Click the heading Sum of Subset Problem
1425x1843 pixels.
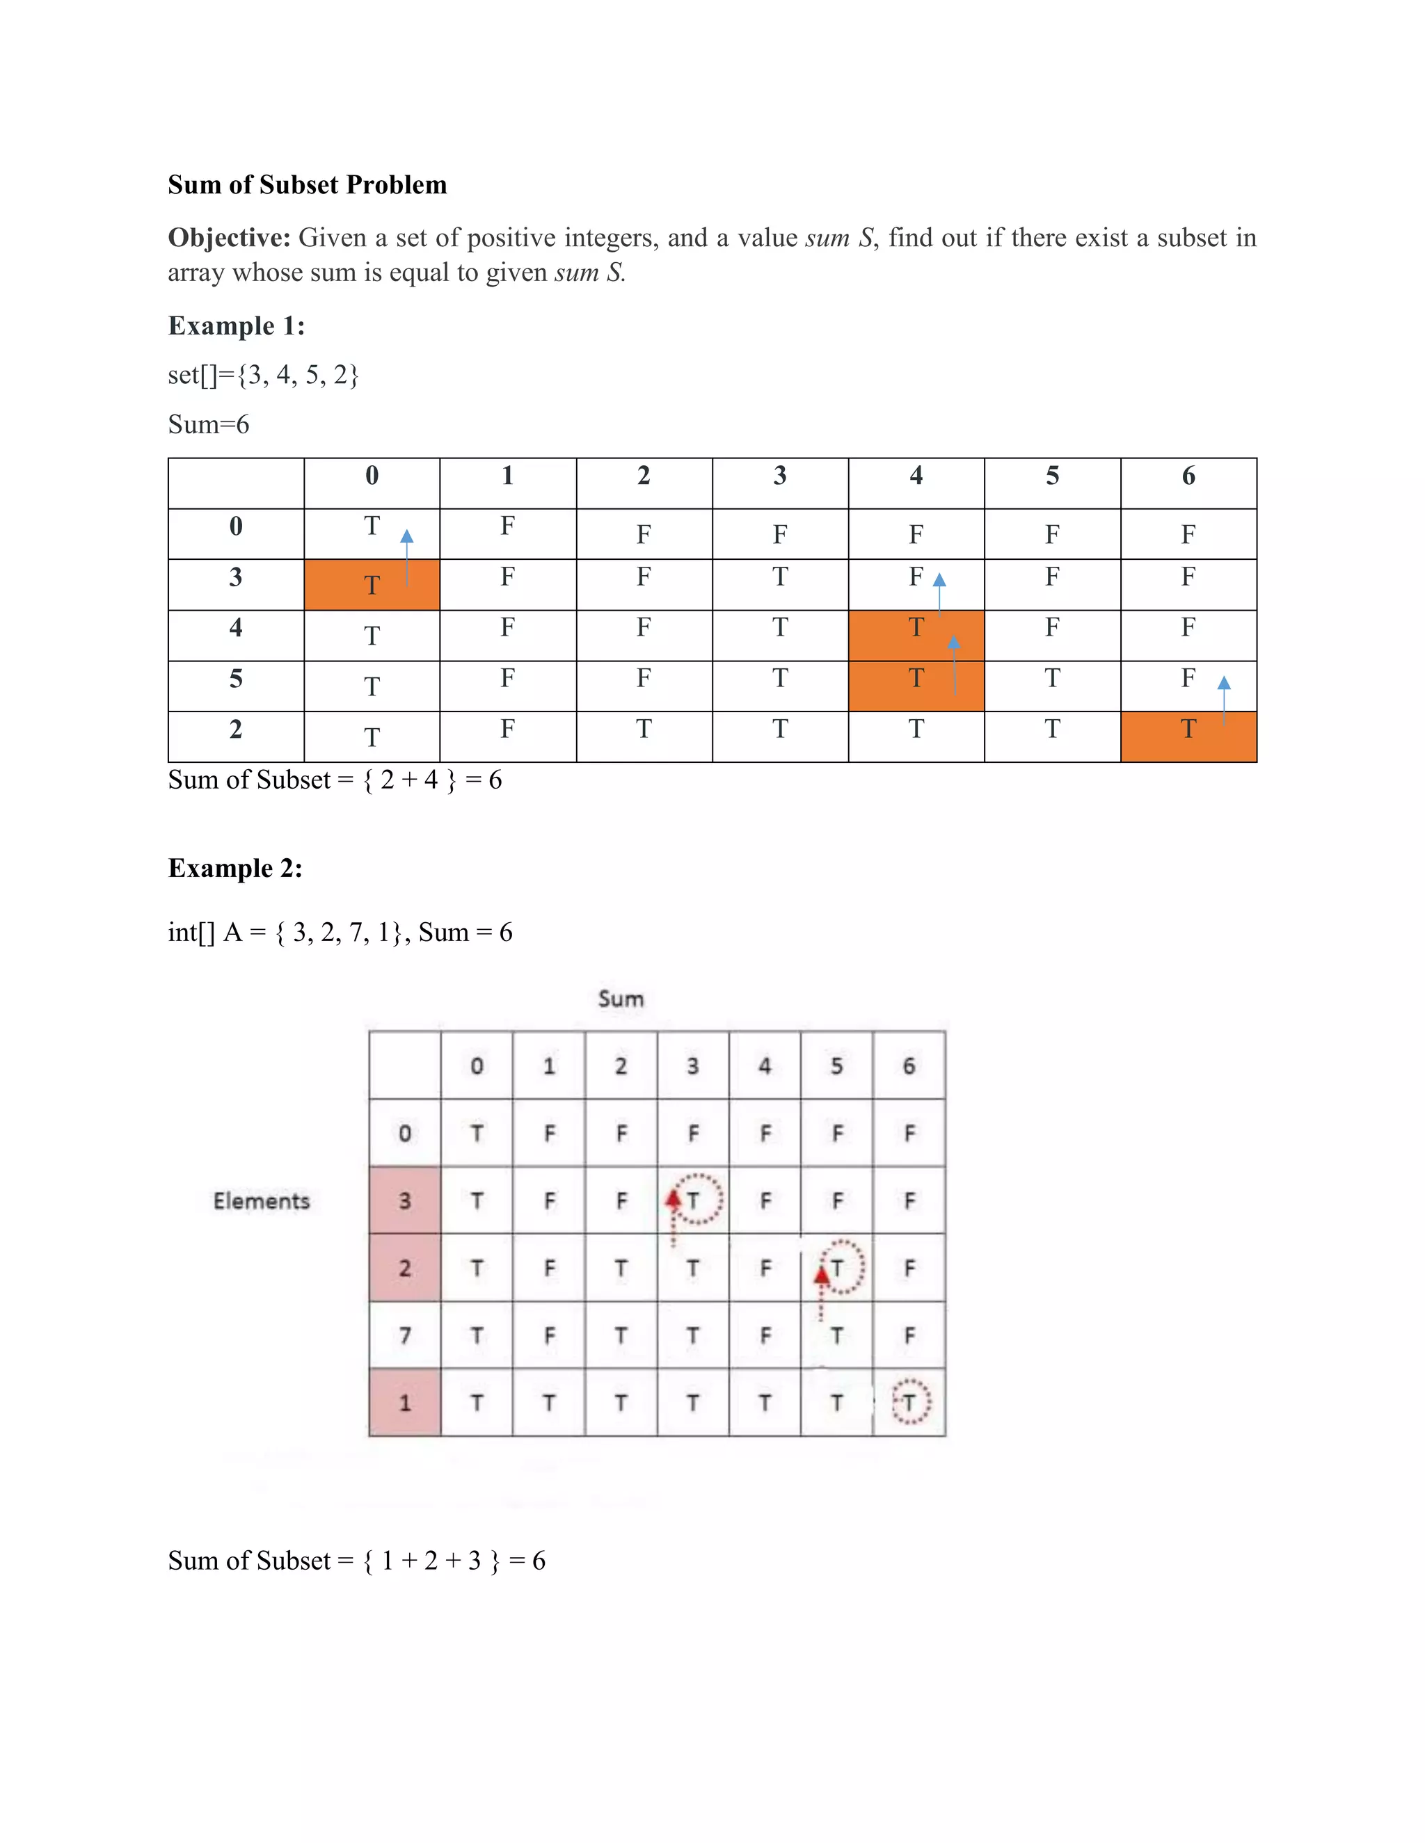coord(308,185)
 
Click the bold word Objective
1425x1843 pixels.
coord(228,238)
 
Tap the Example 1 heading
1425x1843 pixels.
coord(236,325)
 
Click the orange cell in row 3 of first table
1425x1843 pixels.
coord(372,585)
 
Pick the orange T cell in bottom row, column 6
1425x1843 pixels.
coord(1188,737)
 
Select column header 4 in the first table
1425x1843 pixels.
coord(916,476)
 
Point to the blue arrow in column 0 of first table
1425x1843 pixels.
coord(407,556)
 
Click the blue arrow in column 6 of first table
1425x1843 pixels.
coord(1224,700)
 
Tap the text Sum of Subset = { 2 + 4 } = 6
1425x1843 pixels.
coord(334,780)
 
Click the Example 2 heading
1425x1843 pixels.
coord(234,869)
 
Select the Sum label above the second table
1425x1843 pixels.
coord(621,999)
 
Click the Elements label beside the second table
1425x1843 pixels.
coord(261,1201)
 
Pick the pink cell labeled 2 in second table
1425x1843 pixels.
coord(404,1267)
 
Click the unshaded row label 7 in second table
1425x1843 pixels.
coord(404,1335)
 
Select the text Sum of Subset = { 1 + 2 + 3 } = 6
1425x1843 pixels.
coord(356,1561)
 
